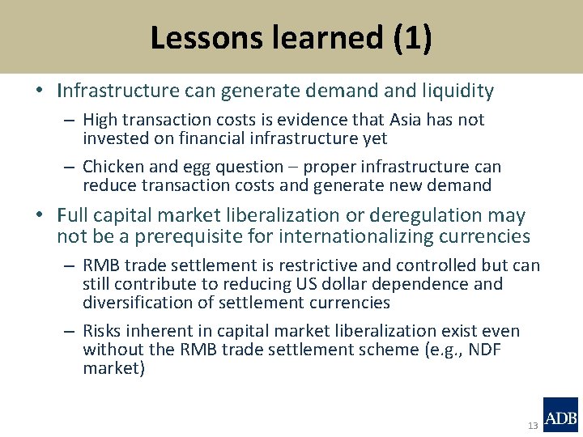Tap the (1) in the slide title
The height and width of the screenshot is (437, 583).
coord(413,38)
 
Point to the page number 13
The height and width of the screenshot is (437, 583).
coord(532,426)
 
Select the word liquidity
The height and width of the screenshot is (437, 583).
coord(457,91)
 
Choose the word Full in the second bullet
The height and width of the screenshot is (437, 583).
coord(74,216)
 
